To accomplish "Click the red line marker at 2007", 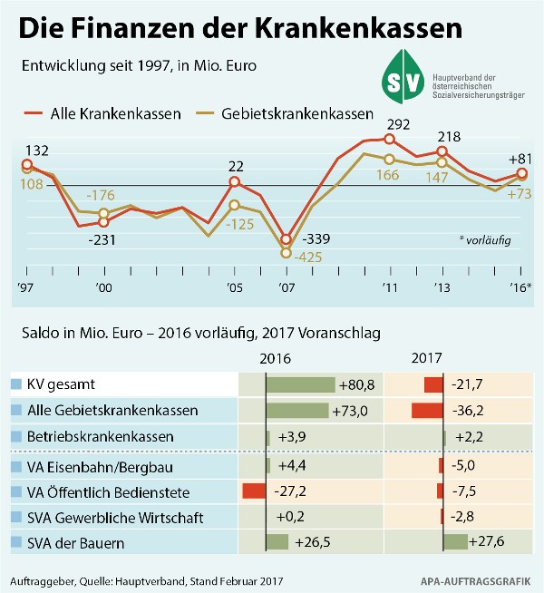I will point(287,239).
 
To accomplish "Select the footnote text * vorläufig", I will point(485,241).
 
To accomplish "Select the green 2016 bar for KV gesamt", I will point(300,384).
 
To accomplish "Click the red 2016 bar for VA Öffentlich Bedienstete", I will point(254,491).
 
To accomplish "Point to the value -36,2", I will point(469,411).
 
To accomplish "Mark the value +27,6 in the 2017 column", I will point(490,542).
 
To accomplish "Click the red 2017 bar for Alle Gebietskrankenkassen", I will point(427,411).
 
